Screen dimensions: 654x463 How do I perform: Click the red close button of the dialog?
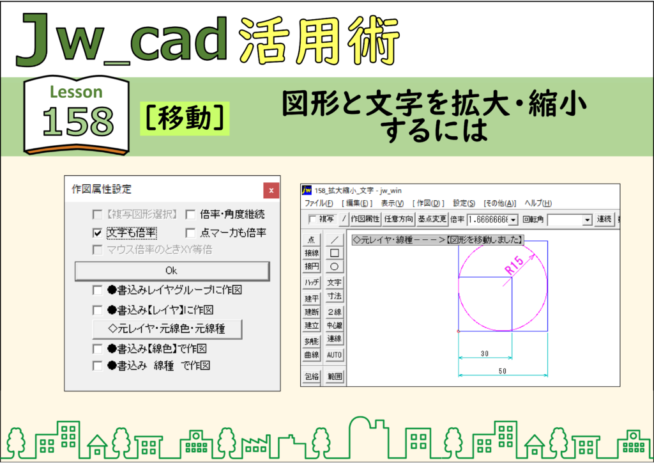click(x=271, y=191)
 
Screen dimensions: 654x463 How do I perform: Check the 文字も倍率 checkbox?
click(x=97, y=233)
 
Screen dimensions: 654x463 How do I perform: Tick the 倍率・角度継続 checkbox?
click(x=190, y=215)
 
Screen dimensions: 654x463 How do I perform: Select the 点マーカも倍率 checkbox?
click(x=190, y=233)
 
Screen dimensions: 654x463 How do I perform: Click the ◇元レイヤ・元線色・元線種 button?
click(x=167, y=329)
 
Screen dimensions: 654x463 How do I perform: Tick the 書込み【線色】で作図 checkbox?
click(x=97, y=349)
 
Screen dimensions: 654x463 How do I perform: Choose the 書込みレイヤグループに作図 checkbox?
click(x=97, y=290)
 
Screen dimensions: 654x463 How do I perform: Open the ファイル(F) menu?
click(x=319, y=203)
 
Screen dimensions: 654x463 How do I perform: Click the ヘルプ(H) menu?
click(x=538, y=203)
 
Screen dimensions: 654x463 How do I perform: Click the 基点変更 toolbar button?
click(x=432, y=219)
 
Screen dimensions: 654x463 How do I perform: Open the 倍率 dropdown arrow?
click(x=513, y=219)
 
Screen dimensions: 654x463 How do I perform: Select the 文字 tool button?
click(x=334, y=282)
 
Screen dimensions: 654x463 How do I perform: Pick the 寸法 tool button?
click(x=334, y=297)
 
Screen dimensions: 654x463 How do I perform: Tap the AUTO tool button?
click(x=334, y=355)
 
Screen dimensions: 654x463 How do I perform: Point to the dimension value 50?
click(x=503, y=371)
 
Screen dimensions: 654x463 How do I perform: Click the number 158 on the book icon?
click(x=78, y=121)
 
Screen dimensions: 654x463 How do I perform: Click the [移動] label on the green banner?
click(x=185, y=118)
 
